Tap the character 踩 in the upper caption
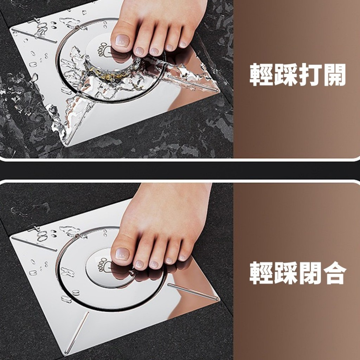(x=285, y=75)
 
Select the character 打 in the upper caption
(x=310, y=75)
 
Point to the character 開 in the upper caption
(x=334, y=75)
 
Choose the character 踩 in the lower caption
(x=285, y=273)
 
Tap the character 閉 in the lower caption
(x=310, y=273)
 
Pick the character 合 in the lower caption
(x=334, y=273)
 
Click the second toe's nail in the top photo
(x=139, y=51)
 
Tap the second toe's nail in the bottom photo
(x=139, y=264)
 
